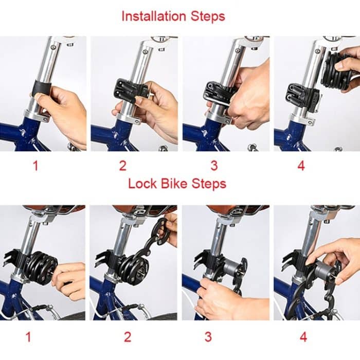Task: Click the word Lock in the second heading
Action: click(x=140, y=183)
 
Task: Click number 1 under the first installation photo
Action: click(x=35, y=165)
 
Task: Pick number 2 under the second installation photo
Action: click(x=122, y=165)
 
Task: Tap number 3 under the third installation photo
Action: click(x=214, y=165)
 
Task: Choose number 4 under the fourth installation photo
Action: click(x=301, y=165)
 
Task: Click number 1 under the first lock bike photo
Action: click(x=28, y=337)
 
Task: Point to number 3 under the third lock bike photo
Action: click(x=208, y=337)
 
